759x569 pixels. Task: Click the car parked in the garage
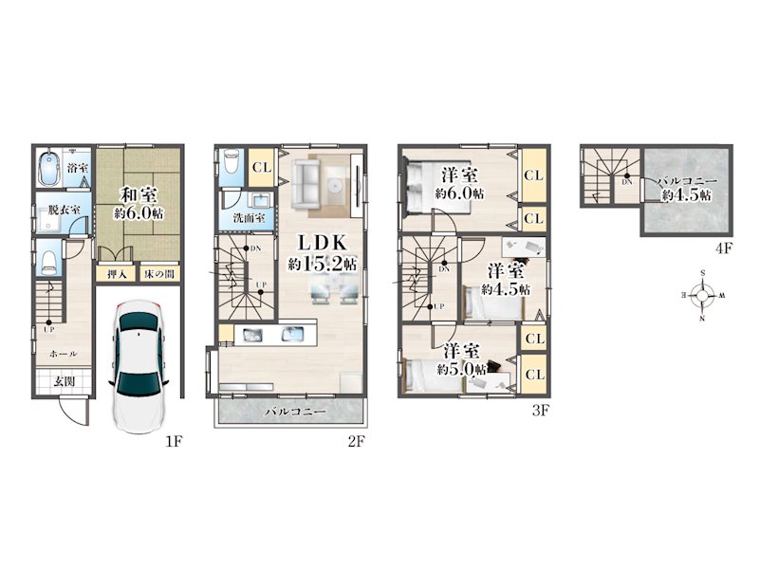pyautogui.click(x=139, y=367)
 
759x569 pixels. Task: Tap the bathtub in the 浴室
pyautogui.click(x=49, y=169)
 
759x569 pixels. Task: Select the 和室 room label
pyautogui.click(x=139, y=196)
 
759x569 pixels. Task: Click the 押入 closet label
pyautogui.click(x=116, y=274)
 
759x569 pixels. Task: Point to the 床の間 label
pyautogui.click(x=158, y=274)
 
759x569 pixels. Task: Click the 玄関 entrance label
pyautogui.click(x=64, y=381)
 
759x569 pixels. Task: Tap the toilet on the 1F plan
pyautogui.click(x=49, y=262)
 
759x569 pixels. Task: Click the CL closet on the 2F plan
pyautogui.click(x=262, y=168)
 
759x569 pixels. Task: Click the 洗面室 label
pyautogui.click(x=249, y=218)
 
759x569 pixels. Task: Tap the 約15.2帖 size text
pyautogui.click(x=323, y=264)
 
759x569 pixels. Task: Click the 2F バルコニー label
pyautogui.click(x=295, y=413)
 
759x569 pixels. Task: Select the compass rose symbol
pyautogui.click(x=702, y=295)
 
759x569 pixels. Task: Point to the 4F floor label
pyautogui.click(x=724, y=248)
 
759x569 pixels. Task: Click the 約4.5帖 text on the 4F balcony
pyautogui.click(x=686, y=195)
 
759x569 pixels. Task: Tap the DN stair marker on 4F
pyautogui.click(x=627, y=182)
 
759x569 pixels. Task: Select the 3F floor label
pyautogui.click(x=540, y=411)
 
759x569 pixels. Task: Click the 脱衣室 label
pyautogui.click(x=64, y=211)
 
